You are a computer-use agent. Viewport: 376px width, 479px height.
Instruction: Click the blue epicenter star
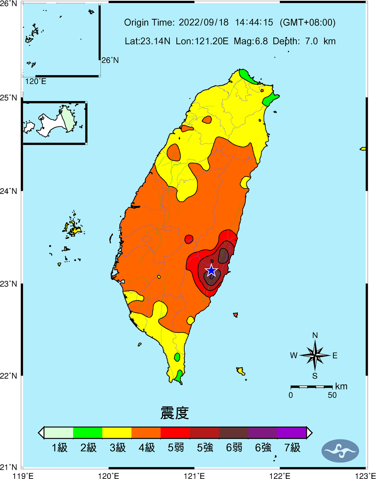(211, 270)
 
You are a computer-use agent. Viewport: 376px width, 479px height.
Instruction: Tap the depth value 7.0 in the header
(311, 41)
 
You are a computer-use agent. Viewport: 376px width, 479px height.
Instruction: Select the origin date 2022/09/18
(203, 23)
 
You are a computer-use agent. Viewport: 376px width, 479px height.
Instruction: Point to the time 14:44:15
(254, 23)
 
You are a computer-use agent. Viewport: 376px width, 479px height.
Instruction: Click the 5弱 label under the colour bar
(176, 447)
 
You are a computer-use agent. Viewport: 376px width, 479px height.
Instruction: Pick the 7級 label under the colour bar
(292, 447)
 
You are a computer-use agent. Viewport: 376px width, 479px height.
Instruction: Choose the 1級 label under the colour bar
(59, 447)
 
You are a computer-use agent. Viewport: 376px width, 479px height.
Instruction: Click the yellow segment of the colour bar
(117, 433)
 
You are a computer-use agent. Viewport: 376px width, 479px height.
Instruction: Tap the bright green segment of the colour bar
(88, 433)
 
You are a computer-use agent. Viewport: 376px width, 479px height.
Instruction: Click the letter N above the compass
(315, 335)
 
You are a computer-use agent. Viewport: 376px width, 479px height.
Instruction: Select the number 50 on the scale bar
(332, 395)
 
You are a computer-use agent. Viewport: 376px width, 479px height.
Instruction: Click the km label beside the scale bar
(341, 387)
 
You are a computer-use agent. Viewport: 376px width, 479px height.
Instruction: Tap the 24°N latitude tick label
(9, 191)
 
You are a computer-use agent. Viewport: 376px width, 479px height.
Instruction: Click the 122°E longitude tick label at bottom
(280, 476)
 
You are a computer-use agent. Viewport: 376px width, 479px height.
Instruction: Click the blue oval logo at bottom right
(340, 451)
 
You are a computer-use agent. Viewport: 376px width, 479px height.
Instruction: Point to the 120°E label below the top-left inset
(36, 82)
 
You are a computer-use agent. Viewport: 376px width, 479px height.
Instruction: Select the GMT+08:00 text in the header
(308, 23)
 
